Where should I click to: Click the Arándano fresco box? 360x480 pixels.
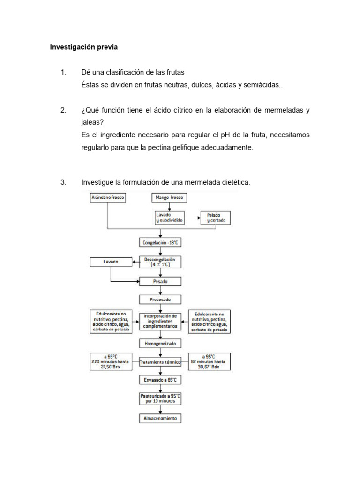click(108, 198)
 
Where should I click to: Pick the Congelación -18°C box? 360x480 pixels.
click(160, 242)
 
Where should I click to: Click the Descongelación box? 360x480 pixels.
click(160, 262)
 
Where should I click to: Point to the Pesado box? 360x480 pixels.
click(160, 282)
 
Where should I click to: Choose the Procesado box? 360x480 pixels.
click(160, 299)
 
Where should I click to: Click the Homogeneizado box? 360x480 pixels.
click(160, 344)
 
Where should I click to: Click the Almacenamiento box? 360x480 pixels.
click(160, 418)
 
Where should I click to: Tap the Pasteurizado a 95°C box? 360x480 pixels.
click(160, 398)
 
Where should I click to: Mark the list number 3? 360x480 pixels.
click(63, 182)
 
